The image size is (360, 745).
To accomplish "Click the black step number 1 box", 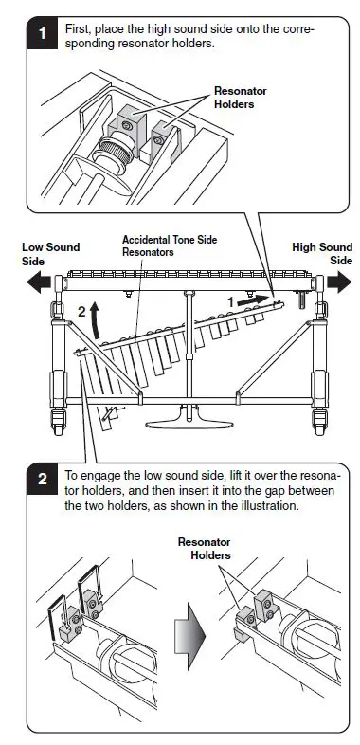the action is point(43,33).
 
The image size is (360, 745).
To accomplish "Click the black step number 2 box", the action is point(43,479).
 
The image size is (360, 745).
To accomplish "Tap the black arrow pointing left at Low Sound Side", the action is point(39,283).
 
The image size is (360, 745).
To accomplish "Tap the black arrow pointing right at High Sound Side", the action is point(339,282).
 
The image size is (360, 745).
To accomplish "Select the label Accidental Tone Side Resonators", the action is point(170,245).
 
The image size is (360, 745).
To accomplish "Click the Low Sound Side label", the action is point(51,254).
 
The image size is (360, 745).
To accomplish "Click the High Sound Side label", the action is point(322,254).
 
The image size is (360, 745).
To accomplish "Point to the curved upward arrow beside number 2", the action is point(96,320).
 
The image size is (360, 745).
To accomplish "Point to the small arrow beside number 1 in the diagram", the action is point(250,300).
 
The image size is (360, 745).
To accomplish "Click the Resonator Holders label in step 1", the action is point(241,98).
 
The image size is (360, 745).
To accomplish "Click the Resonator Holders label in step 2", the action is point(205,548).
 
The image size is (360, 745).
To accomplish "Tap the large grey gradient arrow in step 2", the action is point(189,635).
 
